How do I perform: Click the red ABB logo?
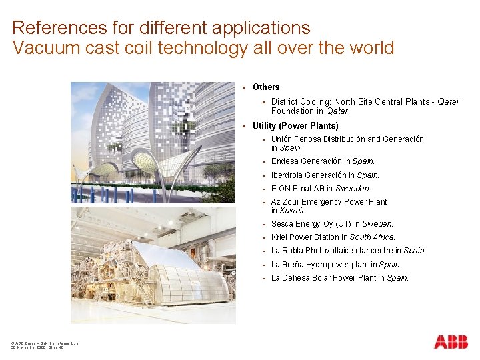click(x=451, y=342)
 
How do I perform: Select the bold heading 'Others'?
click(x=266, y=87)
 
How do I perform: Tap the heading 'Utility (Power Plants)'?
click(x=295, y=126)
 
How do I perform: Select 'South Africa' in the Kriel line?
click(x=372, y=237)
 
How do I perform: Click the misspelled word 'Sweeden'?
click(x=353, y=189)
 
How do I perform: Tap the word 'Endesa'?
click(x=286, y=161)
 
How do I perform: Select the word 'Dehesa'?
click(x=297, y=278)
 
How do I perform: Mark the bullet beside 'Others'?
click(x=245, y=87)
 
